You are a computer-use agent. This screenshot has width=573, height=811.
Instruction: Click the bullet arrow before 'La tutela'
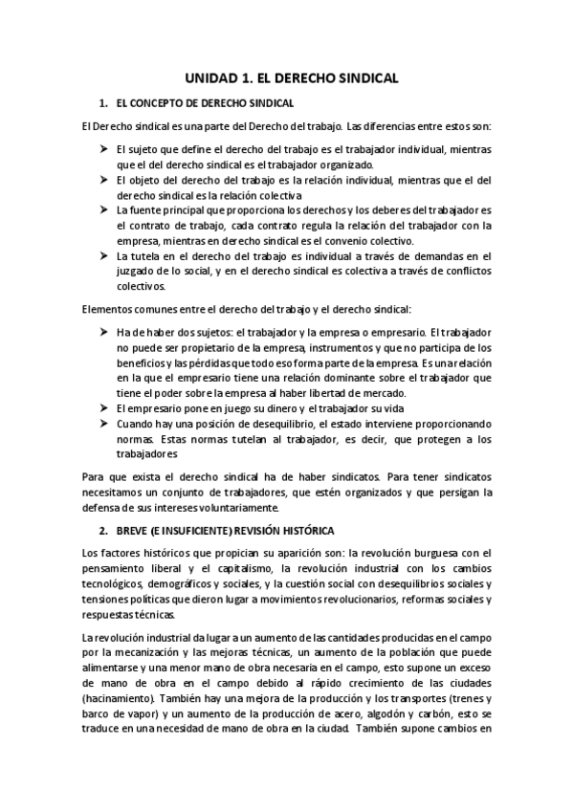point(103,255)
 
